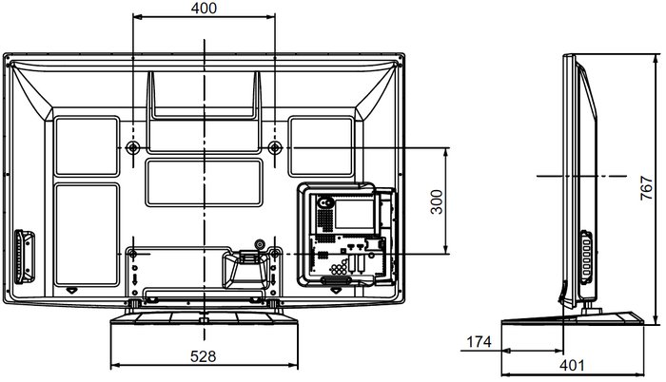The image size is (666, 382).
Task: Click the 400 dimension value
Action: pos(204,8)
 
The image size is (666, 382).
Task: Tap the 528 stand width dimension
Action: pos(203,356)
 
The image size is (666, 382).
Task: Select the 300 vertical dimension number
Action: pos(436,201)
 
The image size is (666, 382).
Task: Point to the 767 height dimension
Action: pos(646,187)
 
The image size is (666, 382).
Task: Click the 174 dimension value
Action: pos(479,341)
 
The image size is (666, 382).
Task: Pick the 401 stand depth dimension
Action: pos(572,365)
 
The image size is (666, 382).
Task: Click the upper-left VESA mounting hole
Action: pos(133,147)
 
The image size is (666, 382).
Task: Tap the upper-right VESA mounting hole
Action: pos(275,147)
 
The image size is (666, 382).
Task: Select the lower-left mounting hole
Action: pos(132,255)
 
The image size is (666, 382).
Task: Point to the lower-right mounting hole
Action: pos(275,255)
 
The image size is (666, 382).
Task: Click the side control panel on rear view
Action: pos(24,257)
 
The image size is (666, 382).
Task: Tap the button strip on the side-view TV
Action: pos(586,258)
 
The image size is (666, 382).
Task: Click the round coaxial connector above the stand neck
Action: pos(259,244)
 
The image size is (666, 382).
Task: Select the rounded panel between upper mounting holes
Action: pos(204,183)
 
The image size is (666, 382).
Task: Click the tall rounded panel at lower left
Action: pos(87,235)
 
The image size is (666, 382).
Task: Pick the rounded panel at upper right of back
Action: pos(322,146)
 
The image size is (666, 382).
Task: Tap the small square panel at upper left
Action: pos(87,146)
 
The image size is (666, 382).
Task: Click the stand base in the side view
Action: pos(572,318)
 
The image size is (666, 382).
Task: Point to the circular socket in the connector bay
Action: pos(325,203)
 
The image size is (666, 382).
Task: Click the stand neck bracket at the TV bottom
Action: pos(246,268)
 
